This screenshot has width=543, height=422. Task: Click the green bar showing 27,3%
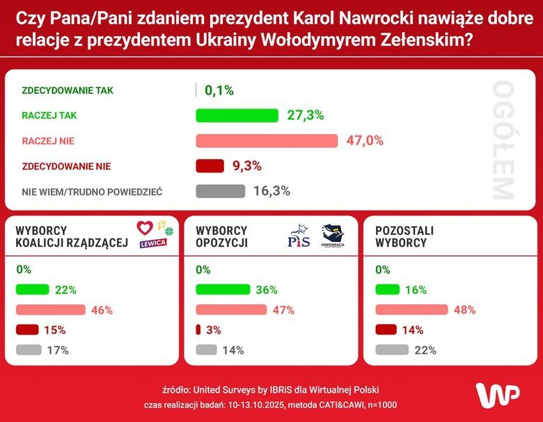[x=237, y=115]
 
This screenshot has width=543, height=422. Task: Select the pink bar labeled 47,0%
[x=267, y=140]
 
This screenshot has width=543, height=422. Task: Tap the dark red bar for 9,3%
[x=210, y=166]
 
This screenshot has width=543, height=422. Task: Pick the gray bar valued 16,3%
[x=220, y=191]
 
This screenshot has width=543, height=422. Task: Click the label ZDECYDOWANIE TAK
[x=68, y=90]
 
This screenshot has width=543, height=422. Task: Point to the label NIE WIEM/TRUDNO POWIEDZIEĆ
[x=92, y=191]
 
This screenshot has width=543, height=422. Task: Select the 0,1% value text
[x=219, y=90]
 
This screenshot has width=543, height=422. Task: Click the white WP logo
[x=498, y=394]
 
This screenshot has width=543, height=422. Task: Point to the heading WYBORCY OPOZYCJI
[x=222, y=236]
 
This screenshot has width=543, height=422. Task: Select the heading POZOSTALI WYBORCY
[x=401, y=236]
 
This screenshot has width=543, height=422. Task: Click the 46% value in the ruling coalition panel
[x=102, y=310]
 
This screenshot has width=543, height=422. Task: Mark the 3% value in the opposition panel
[x=214, y=330]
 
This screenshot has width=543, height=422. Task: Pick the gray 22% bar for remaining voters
[x=392, y=350]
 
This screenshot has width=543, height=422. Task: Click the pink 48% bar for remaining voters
[x=411, y=310]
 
